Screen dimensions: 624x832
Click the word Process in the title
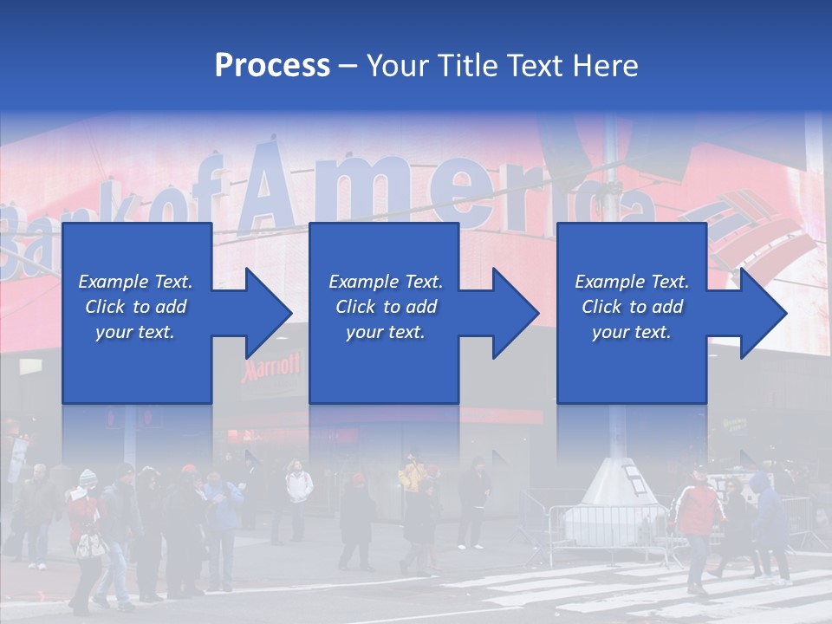click(272, 65)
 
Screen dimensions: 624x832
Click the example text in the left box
click(135, 307)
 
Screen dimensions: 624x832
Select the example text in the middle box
click(386, 307)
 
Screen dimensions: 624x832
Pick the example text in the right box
click(632, 307)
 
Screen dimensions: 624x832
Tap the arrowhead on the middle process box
click(513, 313)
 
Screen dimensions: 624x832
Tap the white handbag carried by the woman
click(89, 544)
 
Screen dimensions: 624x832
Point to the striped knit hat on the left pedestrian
click(88, 478)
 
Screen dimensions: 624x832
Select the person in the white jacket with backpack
click(299, 494)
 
